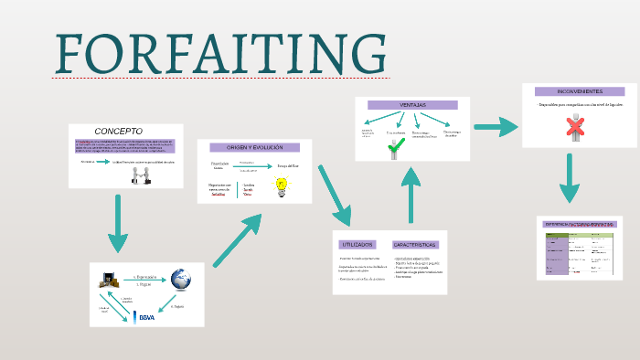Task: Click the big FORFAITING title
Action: click(219, 55)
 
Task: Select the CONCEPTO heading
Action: click(119, 131)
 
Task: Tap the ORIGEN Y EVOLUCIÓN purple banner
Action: click(254, 147)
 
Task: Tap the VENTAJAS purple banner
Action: click(412, 105)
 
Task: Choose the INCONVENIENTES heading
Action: click(573, 91)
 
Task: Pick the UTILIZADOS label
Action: click(357, 245)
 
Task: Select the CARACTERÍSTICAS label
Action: click(416, 245)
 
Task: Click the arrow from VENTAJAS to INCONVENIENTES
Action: click(496, 126)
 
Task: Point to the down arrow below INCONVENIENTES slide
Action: click(571, 178)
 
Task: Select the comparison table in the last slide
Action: click(578, 249)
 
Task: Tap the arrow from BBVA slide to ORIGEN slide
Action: click(236, 241)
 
